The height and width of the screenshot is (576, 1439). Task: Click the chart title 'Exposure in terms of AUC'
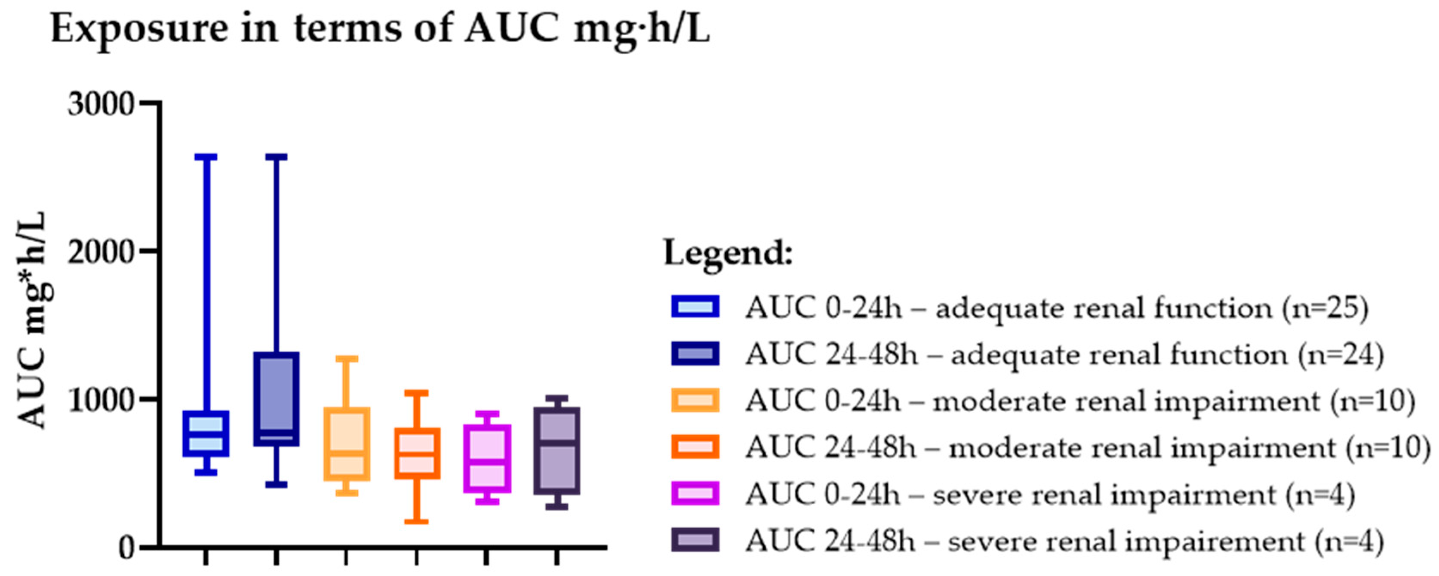(380, 28)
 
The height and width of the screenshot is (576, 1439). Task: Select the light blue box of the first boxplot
(206, 434)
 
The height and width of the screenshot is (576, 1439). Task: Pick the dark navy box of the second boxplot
(276, 399)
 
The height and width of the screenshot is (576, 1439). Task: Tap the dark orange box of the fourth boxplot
(417, 453)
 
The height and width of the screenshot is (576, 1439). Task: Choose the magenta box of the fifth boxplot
(486, 459)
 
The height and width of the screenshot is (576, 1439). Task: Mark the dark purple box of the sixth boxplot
(557, 451)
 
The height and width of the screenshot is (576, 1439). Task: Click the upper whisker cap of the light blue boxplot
(206, 157)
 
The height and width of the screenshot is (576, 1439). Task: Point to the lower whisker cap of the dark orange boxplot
(417, 521)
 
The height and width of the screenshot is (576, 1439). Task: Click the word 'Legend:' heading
(728, 253)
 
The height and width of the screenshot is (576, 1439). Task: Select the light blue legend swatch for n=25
(695, 307)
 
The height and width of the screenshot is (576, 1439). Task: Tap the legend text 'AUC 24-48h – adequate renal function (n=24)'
(1064, 354)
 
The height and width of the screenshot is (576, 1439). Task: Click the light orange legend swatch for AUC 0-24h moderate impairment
(695, 400)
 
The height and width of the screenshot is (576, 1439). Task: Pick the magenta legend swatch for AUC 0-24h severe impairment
(695, 493)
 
